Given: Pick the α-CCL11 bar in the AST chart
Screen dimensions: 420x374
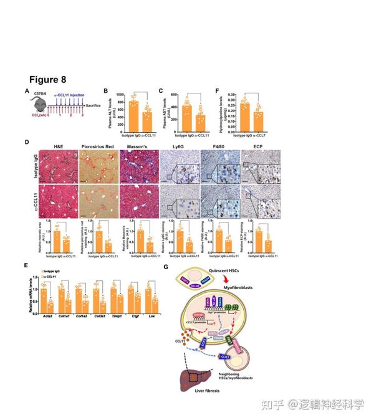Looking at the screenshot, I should click(x=199, y=117).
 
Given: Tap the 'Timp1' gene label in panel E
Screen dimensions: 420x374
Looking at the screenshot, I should click(x=115, y=316).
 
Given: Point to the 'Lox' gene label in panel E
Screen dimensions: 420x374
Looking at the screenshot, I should click(x=150, y=316).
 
